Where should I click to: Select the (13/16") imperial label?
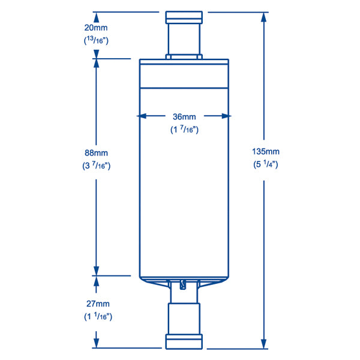96,41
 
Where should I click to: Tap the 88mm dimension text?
96,154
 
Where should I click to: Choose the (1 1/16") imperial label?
96,316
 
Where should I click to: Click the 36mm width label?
184,116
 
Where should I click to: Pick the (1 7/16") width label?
184,129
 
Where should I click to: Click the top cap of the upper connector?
184,17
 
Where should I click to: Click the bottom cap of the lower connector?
184,342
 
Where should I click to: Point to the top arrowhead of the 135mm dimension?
264,16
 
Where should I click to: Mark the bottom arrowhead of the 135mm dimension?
264,344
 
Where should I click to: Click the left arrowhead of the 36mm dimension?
143,116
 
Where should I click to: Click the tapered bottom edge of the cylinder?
184,280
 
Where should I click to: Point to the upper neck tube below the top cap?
184,39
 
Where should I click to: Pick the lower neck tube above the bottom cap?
184,318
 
